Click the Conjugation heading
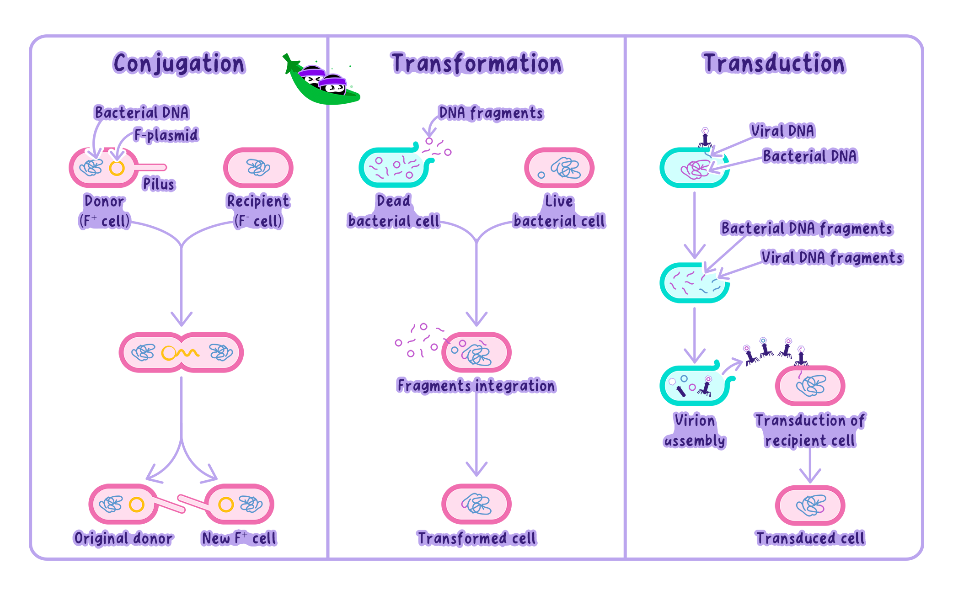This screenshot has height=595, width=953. pos(179,64)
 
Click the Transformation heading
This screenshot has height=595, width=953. pos(476,64)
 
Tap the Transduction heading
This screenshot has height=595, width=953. pos(774,64)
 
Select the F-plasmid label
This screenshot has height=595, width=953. pos(166,135)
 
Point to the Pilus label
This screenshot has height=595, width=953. pos(158,184)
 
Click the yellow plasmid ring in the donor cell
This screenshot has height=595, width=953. pos(117,168)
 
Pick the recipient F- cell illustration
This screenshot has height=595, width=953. pos(258,168)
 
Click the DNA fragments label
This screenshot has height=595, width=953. pos(491,113)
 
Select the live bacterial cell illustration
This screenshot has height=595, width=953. pos(559,168)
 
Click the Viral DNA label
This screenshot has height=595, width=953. pos(782,131)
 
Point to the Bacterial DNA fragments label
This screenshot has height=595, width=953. pos(807,228)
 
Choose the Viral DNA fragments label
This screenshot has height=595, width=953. pos(832,258)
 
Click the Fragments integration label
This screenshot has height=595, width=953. pos(476,386)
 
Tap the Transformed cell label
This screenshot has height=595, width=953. pos(476,538)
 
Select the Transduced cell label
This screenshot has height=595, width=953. pos(810,538)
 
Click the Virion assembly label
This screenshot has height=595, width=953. pos(695,430)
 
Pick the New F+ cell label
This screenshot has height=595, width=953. pos(239,538)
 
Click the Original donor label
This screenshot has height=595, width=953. pos(123,538)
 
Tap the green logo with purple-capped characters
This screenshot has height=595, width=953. pos(321,79)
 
